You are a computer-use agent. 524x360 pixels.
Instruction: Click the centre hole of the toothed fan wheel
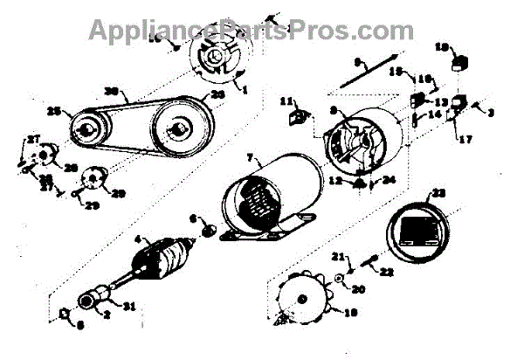tap(302, 301)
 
